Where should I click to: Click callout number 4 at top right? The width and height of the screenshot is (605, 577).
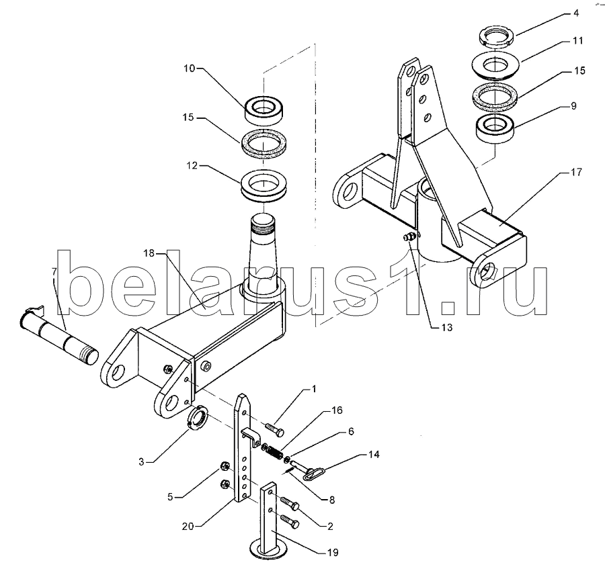tap(576, 13)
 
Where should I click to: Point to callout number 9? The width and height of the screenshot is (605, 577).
tap(573, 105)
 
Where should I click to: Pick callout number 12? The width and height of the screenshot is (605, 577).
tap(192, 165)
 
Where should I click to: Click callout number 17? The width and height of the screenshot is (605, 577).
tap(576, 172)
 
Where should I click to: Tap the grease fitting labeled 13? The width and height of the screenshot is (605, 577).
tap(410, 237)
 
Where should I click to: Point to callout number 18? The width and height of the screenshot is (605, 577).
tap(149, 253)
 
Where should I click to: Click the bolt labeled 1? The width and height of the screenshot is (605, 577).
tap(274, 429)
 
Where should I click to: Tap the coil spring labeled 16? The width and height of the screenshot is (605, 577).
tap(273, 452)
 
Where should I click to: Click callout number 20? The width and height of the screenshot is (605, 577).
tap(188, 526)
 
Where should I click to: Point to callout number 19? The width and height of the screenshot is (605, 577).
tap(333, 552)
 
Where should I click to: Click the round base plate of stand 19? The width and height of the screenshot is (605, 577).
tap(268, 550)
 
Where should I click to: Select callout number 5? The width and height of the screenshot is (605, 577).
tap(170, 497)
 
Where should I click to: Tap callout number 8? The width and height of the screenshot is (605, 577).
tap(332, 500)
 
